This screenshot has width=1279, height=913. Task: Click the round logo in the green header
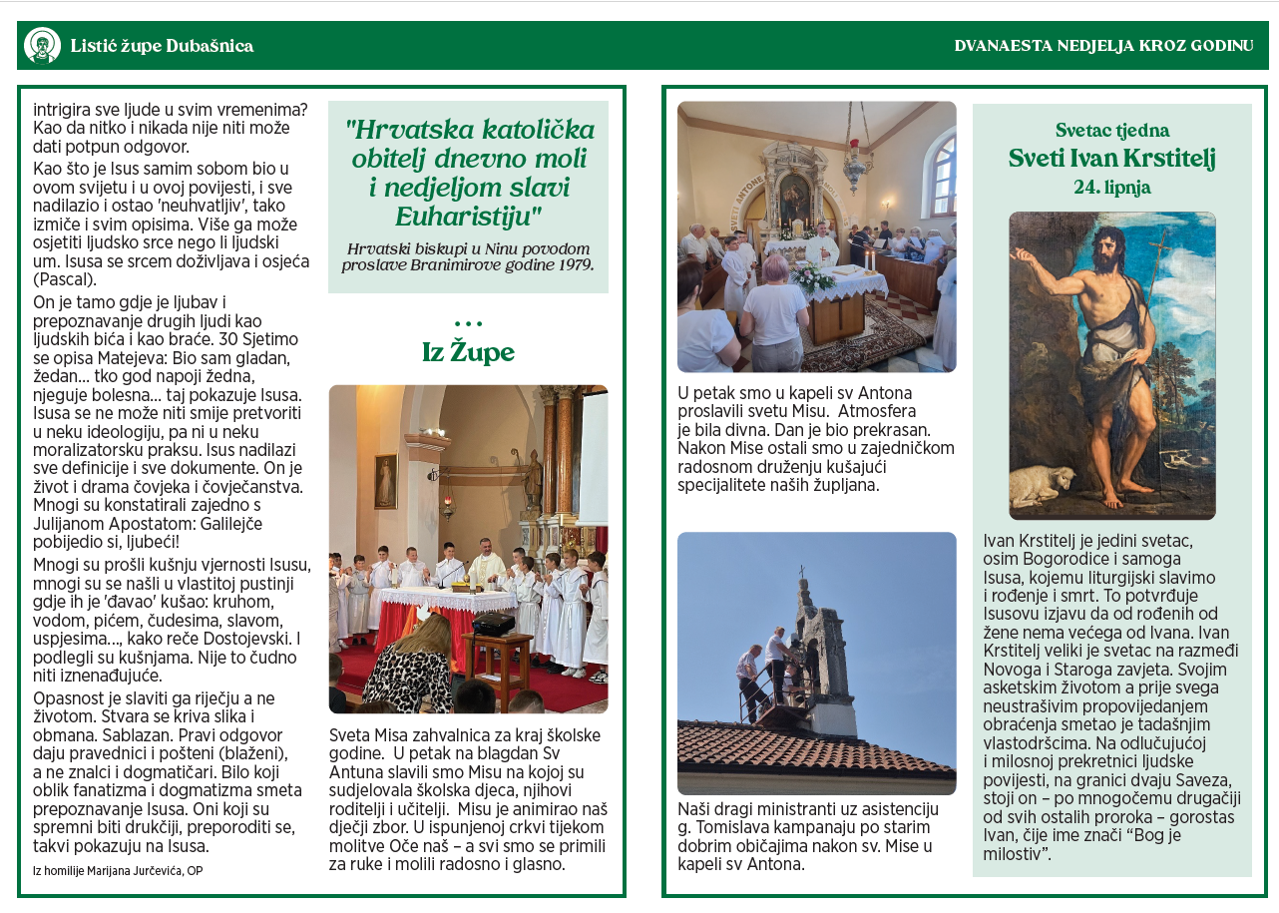tap(42, 46)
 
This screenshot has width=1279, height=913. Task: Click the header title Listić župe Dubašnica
tap(162, 46)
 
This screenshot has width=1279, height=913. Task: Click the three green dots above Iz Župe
tap(468, 323)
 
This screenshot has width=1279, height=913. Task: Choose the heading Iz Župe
tap(468, 352)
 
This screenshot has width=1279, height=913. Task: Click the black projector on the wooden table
tap(493, 624)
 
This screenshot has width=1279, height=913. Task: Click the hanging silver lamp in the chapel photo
tap(856, 166)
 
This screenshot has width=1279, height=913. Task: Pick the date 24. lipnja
tap(1111, 187)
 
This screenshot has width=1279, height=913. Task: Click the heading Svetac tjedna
tap(1111, 130)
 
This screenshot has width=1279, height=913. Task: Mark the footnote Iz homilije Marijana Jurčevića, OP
tap(118, 870)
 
